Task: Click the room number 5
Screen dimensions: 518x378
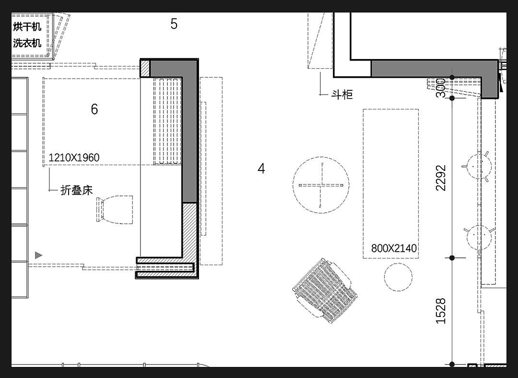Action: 174,24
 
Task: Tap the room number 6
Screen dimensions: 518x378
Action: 94,109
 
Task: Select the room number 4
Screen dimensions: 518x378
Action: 261,169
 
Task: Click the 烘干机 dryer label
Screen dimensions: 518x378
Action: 27,26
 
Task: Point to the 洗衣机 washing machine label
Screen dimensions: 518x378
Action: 27,43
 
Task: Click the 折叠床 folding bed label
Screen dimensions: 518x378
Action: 77,190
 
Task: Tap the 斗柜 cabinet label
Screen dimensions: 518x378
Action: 342,95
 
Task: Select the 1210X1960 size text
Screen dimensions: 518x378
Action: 74,158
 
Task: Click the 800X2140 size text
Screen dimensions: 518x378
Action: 394,248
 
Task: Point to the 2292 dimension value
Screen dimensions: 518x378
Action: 441,178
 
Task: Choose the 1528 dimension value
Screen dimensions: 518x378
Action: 441,311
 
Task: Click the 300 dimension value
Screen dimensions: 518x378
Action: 441,88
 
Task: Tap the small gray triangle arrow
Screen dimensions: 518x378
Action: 39,255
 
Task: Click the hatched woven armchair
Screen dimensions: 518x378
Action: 325,290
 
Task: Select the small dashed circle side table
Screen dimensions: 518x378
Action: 398,277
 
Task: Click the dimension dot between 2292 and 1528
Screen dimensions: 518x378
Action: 452,257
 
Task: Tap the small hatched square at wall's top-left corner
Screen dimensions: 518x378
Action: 145,68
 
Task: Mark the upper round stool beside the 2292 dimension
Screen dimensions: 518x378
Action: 478,166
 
